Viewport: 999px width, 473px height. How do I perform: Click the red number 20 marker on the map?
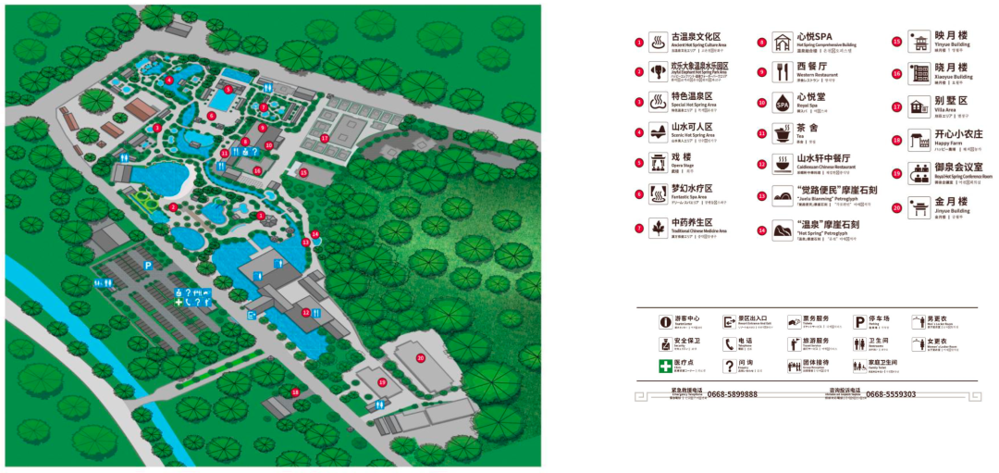(420, 358)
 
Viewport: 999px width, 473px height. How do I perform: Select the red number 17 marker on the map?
(325, 138)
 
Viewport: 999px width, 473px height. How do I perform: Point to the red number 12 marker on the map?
(305, 313)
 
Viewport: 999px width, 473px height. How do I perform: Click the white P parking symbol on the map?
(147, 265)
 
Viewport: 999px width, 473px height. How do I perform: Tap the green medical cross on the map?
(179, 303)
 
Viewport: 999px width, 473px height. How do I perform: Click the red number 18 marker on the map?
(295, 392)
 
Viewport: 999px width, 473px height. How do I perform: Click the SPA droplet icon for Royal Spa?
(783, 103)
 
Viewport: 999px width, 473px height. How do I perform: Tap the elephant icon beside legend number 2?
(658, 71)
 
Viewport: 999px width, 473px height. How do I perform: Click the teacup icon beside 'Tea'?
(783, 134)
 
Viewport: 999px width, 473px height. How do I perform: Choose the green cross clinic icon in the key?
(664, 367)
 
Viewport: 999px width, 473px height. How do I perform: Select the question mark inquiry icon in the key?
(729, 367)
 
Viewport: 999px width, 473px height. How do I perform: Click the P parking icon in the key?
(859, 321)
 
